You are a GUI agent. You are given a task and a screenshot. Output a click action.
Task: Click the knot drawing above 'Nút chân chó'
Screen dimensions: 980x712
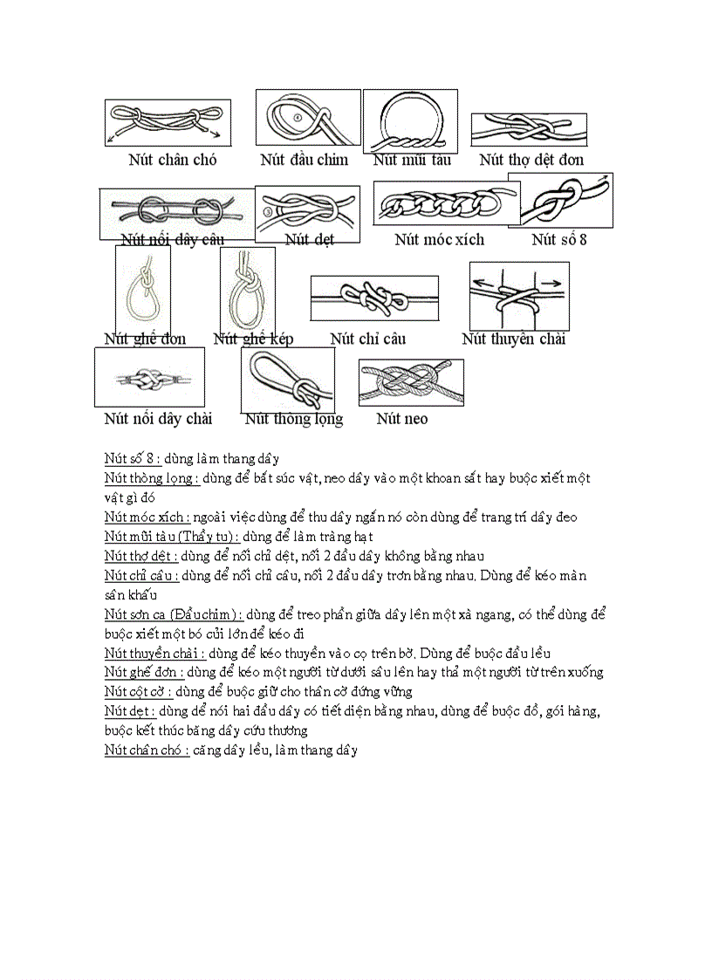click(168, 123)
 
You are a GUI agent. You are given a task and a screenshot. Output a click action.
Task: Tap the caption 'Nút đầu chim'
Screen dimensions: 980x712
click(304, 160)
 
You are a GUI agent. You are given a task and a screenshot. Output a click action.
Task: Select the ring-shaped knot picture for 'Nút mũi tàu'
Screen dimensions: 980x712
click(410, 121)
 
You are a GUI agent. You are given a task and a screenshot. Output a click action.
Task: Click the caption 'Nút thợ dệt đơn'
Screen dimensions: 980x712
click(531, 160)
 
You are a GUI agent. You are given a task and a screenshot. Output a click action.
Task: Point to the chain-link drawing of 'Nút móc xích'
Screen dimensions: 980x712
click(445, 204)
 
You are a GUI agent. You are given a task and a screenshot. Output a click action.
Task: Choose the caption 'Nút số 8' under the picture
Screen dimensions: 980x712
click(559, 239)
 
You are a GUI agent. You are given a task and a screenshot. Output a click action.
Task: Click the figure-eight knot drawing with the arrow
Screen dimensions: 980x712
click(566, 200)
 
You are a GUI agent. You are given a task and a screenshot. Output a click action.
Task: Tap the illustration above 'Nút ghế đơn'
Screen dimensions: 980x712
click(142, 290)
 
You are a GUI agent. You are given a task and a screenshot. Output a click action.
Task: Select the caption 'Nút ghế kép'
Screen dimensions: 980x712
click(253, 339)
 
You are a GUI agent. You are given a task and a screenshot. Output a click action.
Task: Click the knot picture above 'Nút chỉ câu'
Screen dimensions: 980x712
click(374, 298)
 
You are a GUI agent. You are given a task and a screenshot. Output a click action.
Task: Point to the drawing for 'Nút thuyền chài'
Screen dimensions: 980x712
click(518, 296)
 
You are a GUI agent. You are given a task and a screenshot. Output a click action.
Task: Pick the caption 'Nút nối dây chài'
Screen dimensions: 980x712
click(158, 419)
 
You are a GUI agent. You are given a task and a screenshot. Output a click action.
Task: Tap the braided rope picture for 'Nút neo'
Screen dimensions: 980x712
click(410, 382)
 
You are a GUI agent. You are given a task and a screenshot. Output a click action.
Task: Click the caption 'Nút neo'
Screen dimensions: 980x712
click(402, 419)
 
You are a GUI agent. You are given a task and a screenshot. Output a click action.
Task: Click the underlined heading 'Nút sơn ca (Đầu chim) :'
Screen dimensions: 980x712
click(173, 614)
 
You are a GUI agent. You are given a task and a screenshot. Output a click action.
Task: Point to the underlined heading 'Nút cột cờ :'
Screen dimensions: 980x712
click(139, 692)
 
